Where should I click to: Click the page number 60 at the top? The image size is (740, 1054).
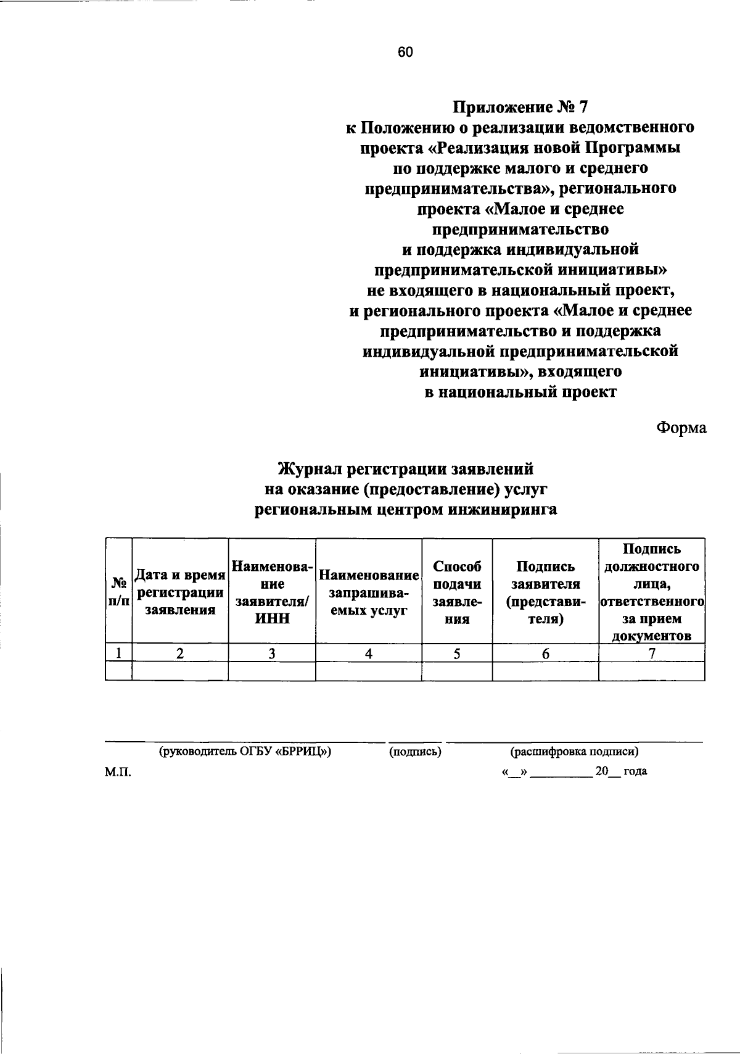(405, 52)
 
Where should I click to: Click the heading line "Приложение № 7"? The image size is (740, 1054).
(521, 107)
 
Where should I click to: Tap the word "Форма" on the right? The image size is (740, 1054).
(681, 427)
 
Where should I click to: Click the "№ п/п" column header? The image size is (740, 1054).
(118, 591)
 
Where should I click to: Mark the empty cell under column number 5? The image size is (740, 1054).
(457, 671)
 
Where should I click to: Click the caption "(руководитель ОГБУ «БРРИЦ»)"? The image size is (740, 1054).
(245, 752)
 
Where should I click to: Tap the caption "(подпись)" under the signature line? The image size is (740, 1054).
(415, 752)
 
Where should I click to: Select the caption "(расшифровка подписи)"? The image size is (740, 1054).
(574, 752)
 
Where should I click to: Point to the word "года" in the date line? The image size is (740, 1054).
(635, 771)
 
